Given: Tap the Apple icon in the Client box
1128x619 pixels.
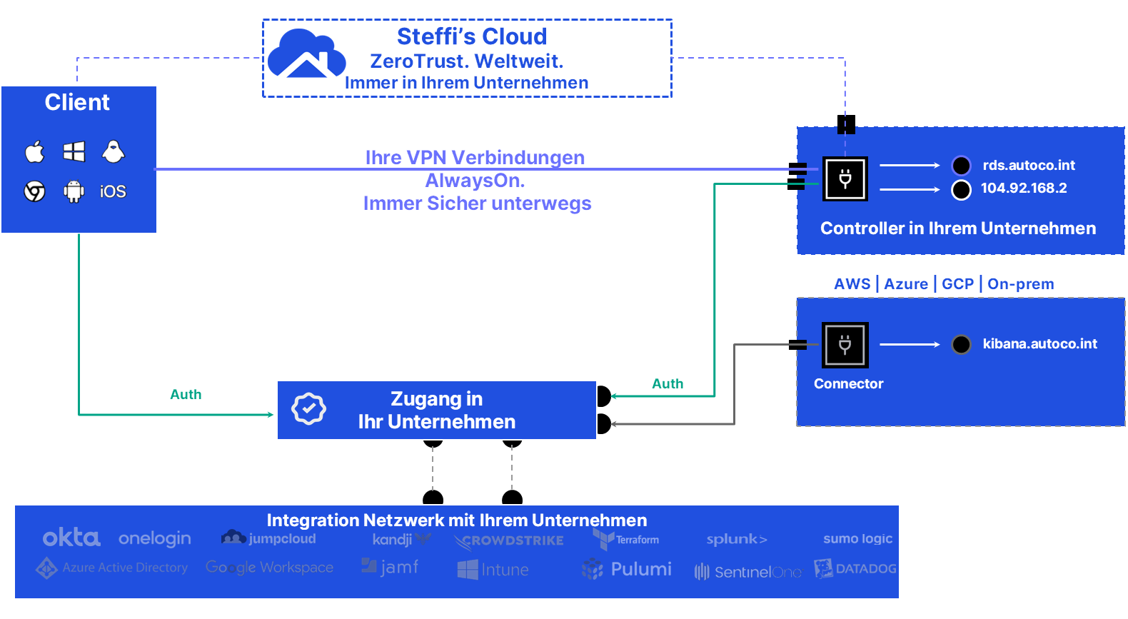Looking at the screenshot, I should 34,151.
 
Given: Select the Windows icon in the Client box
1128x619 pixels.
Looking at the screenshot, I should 74,151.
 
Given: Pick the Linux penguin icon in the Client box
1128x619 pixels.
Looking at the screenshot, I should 114,151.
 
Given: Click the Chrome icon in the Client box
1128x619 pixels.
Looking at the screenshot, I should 34,191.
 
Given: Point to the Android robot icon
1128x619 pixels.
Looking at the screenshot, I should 74,191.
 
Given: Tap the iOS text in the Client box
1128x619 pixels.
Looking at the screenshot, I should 113,191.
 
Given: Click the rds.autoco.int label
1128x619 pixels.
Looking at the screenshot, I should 1028,166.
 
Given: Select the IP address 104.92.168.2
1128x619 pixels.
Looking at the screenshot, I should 1023,188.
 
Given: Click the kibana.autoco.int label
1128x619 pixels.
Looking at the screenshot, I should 1039,344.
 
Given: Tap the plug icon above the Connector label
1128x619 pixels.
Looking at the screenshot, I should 845,345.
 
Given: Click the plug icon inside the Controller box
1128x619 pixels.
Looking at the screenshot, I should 845,178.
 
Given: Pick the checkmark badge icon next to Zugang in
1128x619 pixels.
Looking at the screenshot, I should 308,409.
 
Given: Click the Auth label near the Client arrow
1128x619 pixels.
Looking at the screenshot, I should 186,395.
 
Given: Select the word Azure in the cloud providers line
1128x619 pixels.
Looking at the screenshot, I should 906,284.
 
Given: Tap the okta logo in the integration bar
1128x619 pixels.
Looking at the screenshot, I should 71,538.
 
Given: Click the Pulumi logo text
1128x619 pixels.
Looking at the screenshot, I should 640,569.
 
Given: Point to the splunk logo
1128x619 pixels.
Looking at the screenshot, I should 737,539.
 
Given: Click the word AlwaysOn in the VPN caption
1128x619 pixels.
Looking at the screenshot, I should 475,181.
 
